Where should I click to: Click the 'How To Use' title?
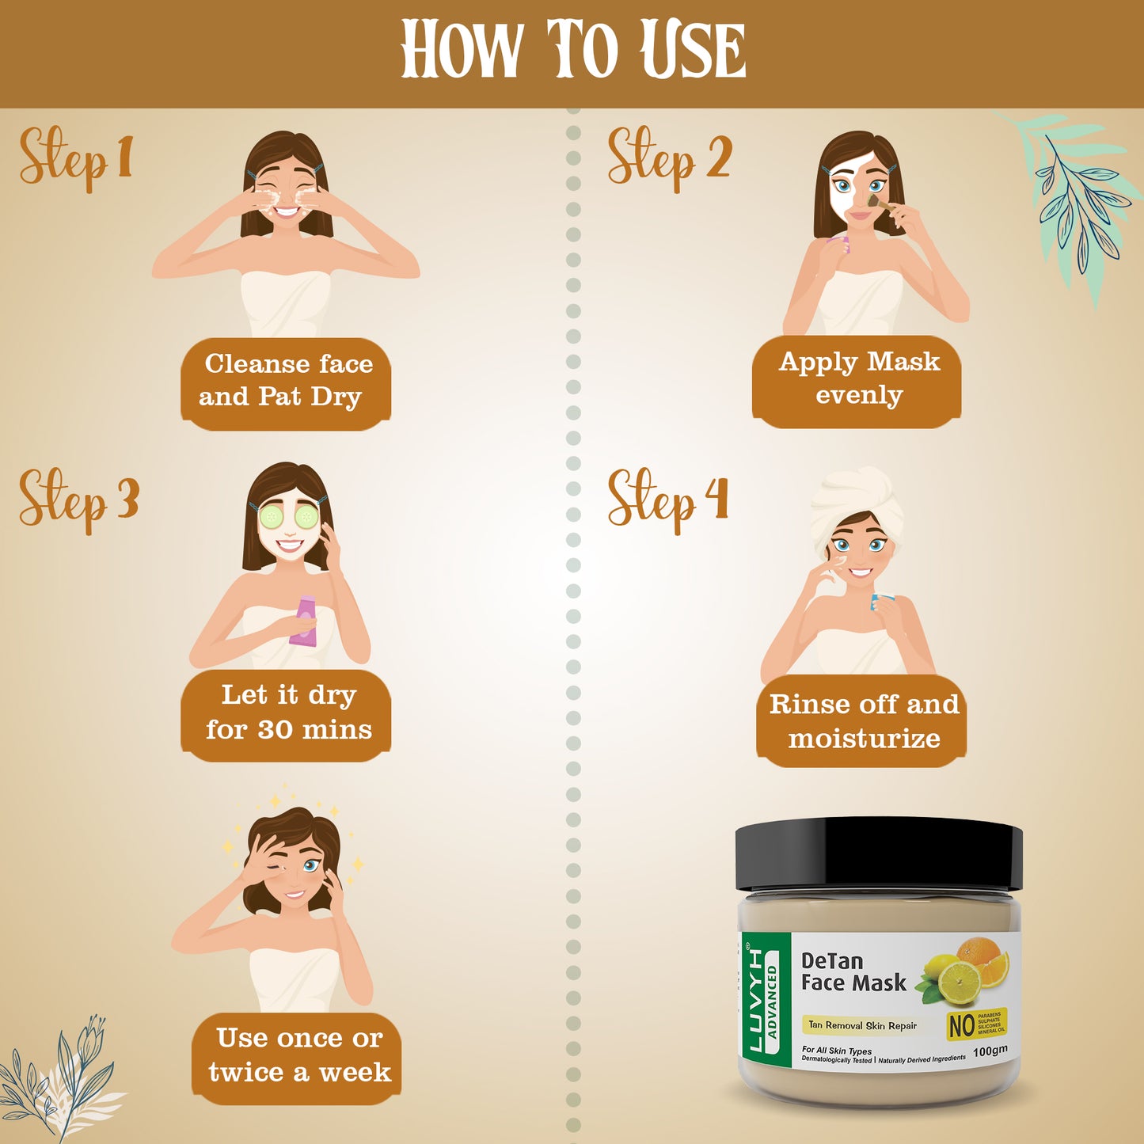click(x=572, y=50)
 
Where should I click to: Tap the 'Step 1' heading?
click(x=75, y=158)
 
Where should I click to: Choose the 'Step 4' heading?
click(x=667, y=499)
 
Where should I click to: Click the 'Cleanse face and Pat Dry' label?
click(x=286, y=381)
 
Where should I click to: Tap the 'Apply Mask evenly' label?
click(x=858, y=378)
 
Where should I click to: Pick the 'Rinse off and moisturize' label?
click(x=863, y=721)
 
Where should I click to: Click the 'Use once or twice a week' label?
click(x=298, y=1055)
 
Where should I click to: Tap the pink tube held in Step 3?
click(x=304, y=621)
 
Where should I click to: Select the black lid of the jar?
click(x=878, y=855)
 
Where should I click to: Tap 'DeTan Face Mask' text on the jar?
click(x=853, y=972)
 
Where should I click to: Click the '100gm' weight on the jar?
click(x=990, y=1051)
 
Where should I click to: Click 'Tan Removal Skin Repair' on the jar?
click(x=861, y=1025)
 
